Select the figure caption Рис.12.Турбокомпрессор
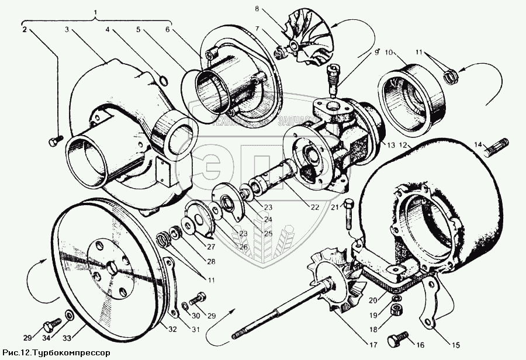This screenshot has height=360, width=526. point(56,353)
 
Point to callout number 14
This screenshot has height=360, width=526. point(477,144)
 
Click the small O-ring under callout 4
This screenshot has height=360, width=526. point(164,79)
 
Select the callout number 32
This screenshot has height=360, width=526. point(171,328)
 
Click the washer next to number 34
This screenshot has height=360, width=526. point(69,316)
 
